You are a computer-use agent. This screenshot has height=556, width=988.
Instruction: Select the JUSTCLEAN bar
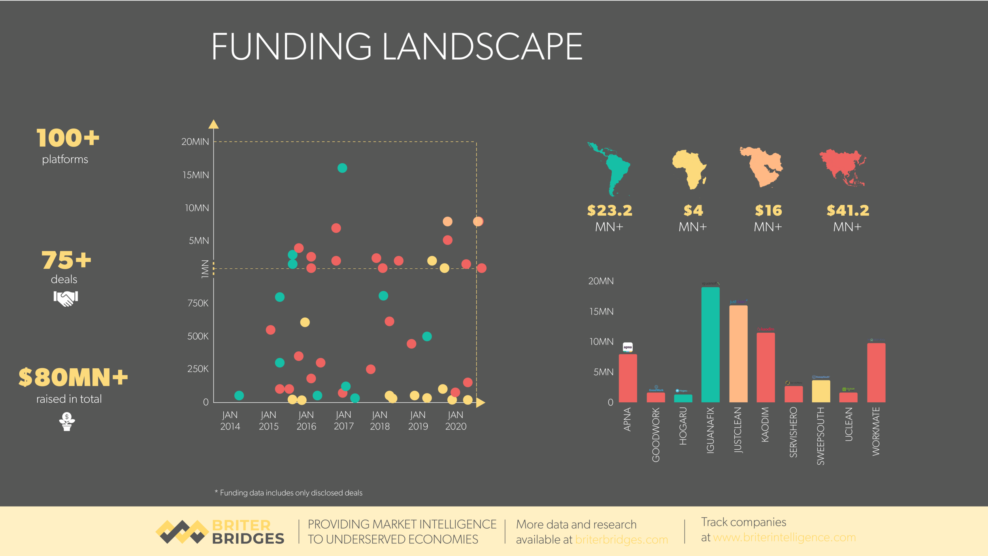pos(738,354)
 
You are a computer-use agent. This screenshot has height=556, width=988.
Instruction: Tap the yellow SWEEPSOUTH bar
pos(820,391)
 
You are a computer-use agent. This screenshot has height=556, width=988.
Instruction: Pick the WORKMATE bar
pos(876,373)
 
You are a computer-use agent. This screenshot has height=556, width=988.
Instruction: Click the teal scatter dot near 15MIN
pos(342,168)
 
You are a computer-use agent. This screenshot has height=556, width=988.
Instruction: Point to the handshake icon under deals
pos(66,298)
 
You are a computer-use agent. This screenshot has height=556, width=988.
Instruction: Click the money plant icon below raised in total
pos(67,421)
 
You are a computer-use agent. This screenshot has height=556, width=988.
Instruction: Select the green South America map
pos(611,168)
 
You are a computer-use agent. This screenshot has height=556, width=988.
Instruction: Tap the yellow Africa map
pos(690,169)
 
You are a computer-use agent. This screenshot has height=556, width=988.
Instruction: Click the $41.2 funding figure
pos(848,210)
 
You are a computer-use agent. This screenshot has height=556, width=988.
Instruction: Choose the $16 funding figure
pos(768,210)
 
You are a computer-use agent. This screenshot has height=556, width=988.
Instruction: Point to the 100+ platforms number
pos(68,138)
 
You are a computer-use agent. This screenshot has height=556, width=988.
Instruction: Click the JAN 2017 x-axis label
pos(343,420)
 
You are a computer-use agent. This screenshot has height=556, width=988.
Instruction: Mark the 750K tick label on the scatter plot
pos(198,303)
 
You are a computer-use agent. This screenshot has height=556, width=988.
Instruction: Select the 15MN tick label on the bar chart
pos(601,311)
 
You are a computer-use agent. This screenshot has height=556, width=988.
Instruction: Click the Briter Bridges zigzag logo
pos(182,531)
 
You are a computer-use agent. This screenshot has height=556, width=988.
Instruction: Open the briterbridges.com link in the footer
pos(621,539)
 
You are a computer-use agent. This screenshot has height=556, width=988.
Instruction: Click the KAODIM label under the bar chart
pos(765,424)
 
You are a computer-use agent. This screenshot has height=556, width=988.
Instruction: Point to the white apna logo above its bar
pos(628,347)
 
